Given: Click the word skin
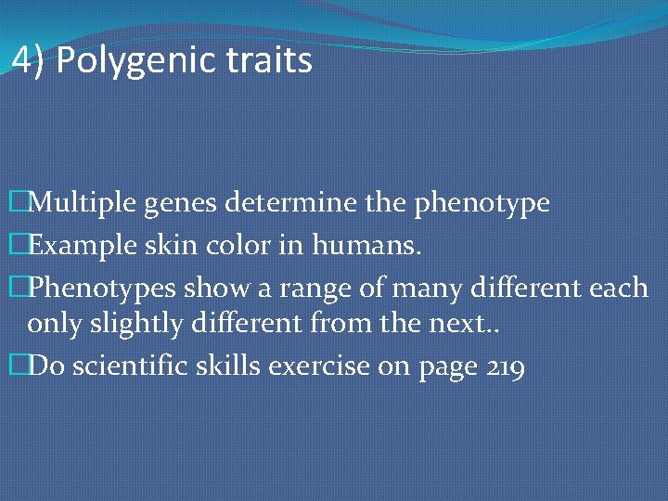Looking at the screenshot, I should tap(162, 245).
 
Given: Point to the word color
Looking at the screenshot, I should tap(224, 245).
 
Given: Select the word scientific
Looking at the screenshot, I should tap(130, 368).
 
